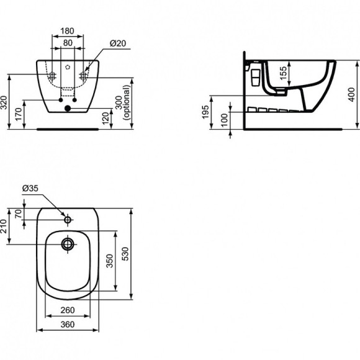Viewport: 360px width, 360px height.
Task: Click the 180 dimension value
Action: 68,30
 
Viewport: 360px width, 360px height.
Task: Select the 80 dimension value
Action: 68,43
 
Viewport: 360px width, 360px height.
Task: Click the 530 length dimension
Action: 126,253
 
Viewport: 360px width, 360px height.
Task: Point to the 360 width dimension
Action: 68,324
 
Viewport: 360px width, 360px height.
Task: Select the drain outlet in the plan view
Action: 68,243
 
